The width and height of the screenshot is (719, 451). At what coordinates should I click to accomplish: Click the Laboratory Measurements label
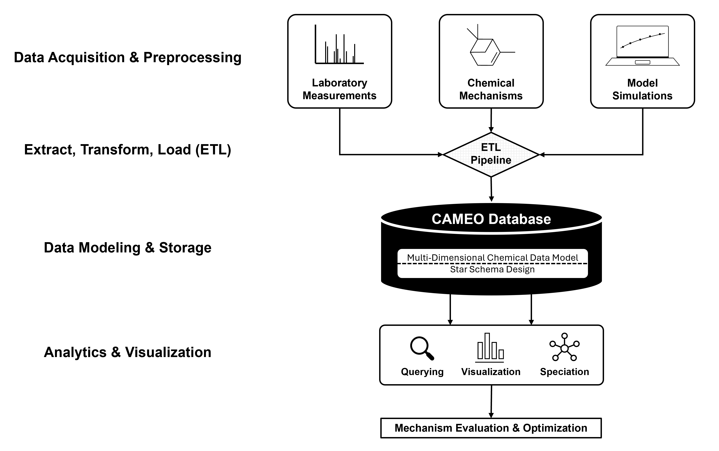[x=339, y=89]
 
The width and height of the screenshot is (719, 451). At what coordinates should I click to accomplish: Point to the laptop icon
[x=642, y=46]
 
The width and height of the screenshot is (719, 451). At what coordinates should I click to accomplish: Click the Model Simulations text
[x=642, y=89]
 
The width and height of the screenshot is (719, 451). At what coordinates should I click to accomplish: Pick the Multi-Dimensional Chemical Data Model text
[x=492, y=257]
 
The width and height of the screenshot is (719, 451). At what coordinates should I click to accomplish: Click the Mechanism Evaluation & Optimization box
[x=491, y=428]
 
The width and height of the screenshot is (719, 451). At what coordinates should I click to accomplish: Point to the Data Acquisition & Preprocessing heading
[x=128, y=57]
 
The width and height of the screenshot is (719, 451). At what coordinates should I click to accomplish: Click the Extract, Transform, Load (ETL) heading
[x=128, y=149]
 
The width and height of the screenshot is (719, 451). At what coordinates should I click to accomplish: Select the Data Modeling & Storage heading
[x=128, y=248]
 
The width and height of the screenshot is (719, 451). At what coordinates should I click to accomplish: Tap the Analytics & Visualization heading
[x=128, y=352]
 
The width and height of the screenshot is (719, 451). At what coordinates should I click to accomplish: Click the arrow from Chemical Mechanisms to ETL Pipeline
[x=491, y=120]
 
